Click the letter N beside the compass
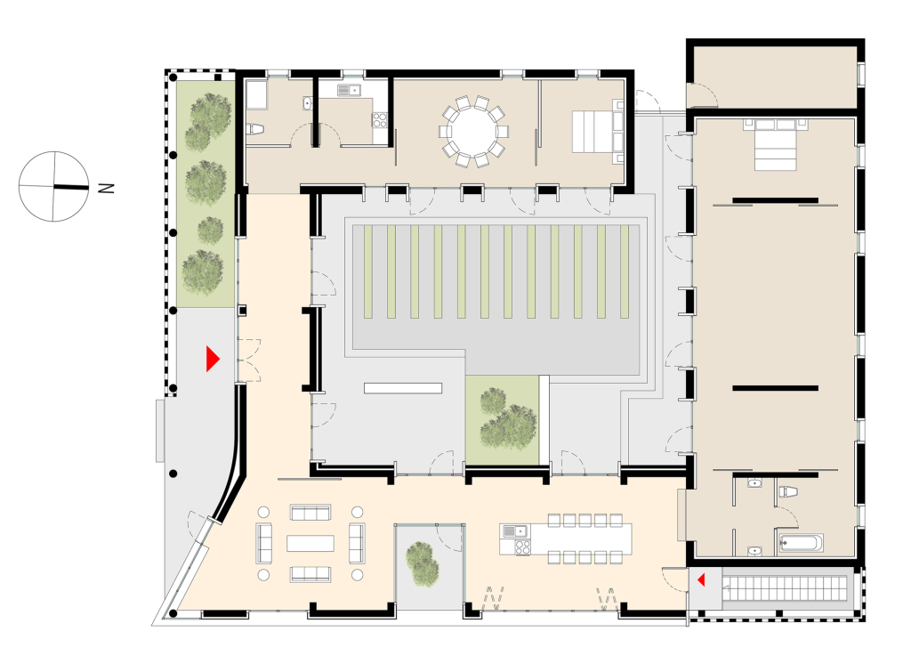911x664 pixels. pyautogui.click(x=107, y=188)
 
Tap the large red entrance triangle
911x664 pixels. pyautogui.click(x=213, y=359)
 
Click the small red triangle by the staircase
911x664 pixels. pyautogui.click(x=701, y=579)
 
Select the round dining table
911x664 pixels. pyautogui.click(x=474, y=132)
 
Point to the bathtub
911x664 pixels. pyautogui.click(x=800, y=543)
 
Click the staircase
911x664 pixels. pyautogui.click(x=785, y=587)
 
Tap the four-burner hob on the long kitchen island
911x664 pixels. pyautogui.click(x=521, y=547)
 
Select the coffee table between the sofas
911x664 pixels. pyautogui.click(x=310, y=543)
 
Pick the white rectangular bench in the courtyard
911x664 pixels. pyautogui.click(x=403, y=388)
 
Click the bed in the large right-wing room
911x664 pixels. pyautogui.click(x=776, y=144)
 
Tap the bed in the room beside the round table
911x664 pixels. pyautogui.click(x=597, y=132)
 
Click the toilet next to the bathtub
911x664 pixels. pyautogui.click(x=786, y=491)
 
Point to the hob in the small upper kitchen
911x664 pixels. pyautogui.click(x=379, y=120)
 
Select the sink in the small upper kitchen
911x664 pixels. pyautogui.click(x=349, y=90)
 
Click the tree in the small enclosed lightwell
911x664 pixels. pyautogui.click(x=423, y=563)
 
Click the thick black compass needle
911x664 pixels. pyautogui.click(x=71, y=187)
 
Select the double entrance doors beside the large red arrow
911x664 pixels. pyautogui.click(x=249, y=360)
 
